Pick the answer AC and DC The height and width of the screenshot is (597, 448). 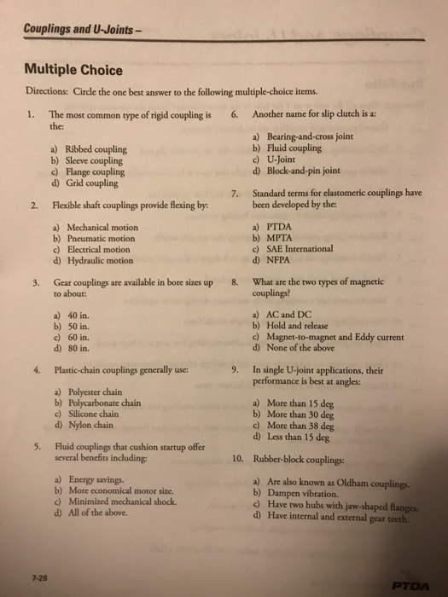(289, 315)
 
